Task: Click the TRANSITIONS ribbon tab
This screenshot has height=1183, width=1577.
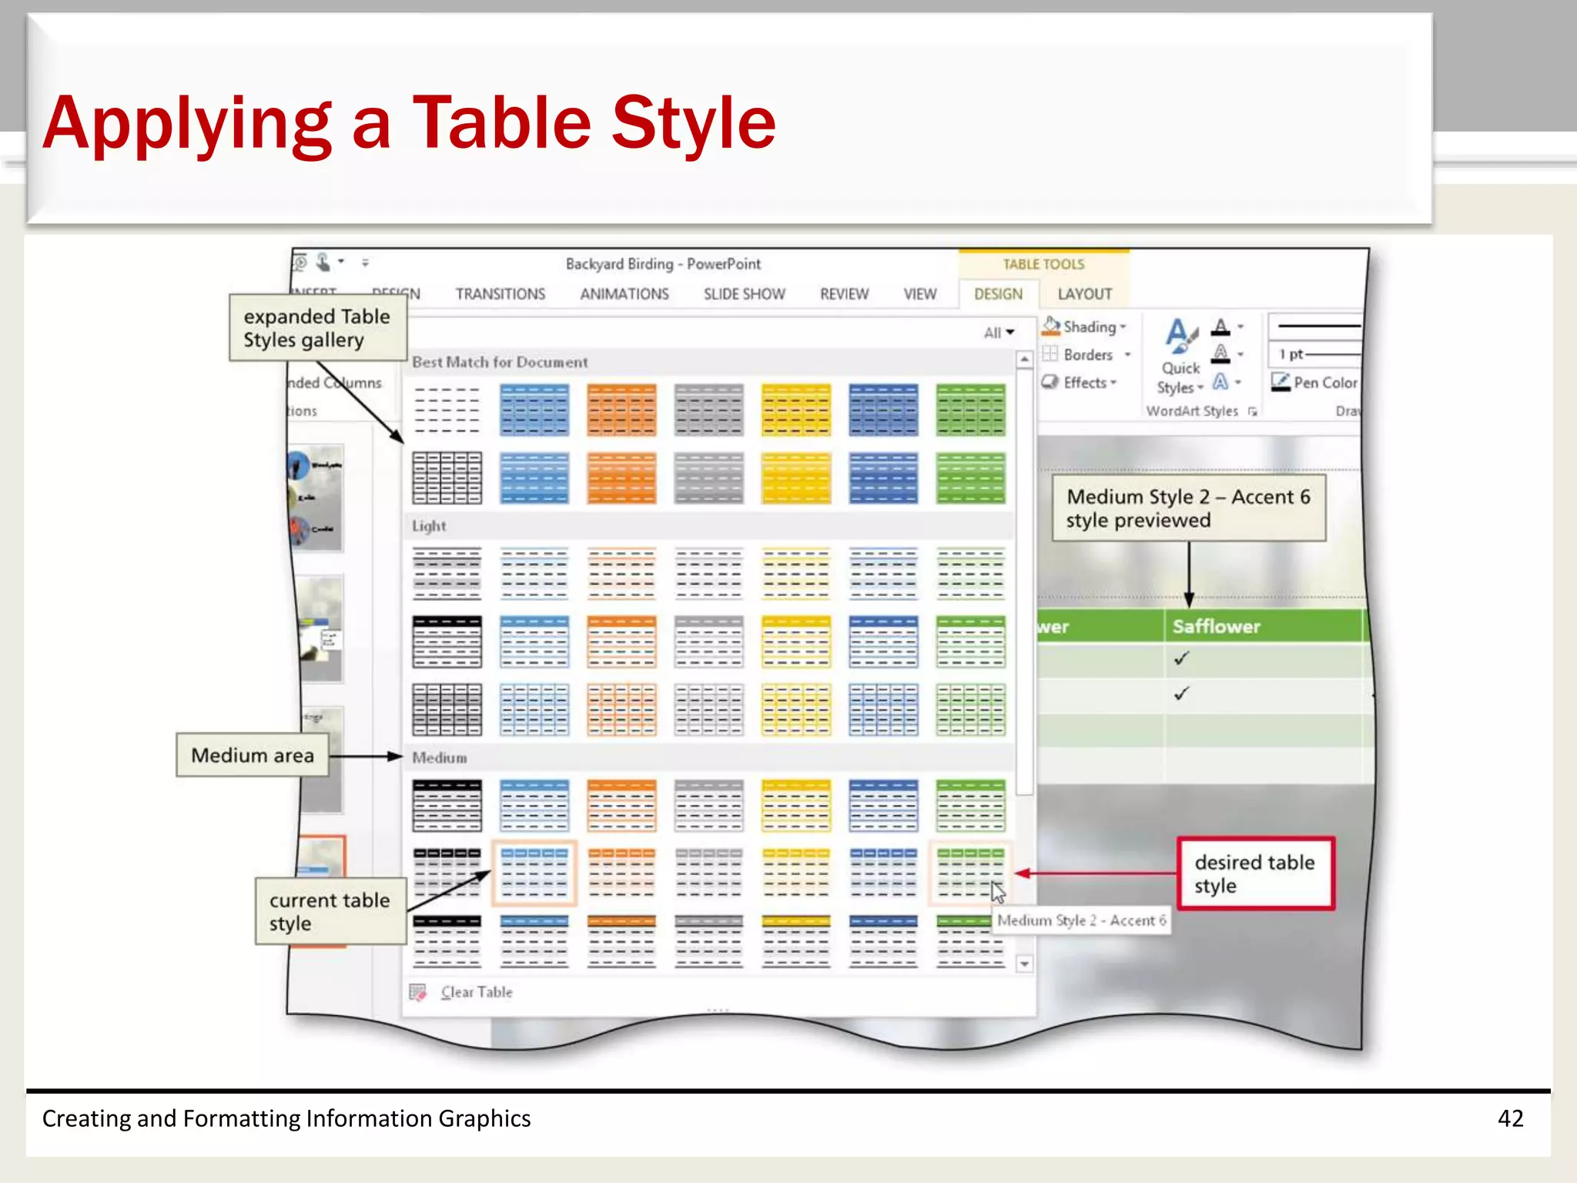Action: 500,294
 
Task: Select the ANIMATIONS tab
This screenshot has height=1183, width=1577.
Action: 624,294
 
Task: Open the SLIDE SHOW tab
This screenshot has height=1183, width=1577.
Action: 744,294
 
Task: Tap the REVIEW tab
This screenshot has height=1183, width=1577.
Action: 844,294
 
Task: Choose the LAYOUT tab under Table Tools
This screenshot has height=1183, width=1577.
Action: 1084,294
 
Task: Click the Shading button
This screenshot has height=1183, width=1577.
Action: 1084,327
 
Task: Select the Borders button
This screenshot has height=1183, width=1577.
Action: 1086,355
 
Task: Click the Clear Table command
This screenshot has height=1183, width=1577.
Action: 476,992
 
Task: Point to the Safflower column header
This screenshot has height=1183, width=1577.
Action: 1216,626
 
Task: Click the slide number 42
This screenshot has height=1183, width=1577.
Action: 1510,1118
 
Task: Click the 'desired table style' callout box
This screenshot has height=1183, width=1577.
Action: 1255,874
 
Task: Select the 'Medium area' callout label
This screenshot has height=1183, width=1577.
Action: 253,756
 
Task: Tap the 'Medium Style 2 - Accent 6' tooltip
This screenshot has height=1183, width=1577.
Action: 1081,920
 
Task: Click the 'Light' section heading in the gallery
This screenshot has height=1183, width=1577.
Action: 429,526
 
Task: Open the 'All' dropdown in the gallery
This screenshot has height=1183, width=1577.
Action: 999,333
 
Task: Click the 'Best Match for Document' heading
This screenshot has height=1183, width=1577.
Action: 500,362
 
